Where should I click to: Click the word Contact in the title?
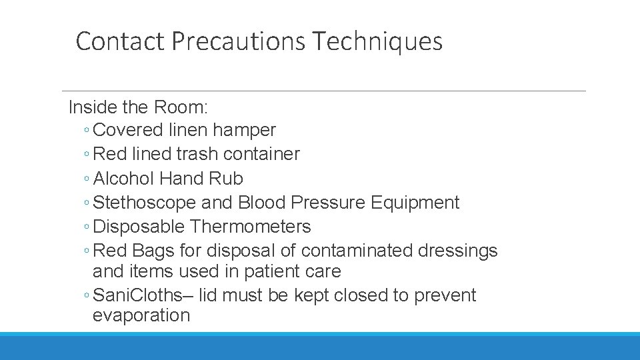[120, 41]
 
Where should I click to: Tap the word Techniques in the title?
[377, 41]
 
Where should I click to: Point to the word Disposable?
[139, 227]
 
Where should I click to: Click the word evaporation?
[141, 315]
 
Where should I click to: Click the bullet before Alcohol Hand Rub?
[88, 179]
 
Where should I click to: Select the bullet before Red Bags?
[88, 251]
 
